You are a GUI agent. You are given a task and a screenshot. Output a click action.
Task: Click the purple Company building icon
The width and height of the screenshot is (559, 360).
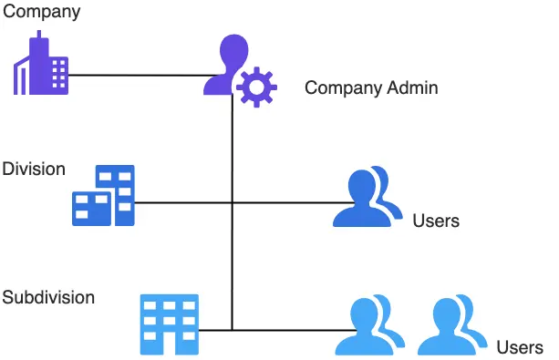[41, 66]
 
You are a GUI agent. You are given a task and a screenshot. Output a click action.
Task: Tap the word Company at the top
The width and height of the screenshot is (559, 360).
[41, 13]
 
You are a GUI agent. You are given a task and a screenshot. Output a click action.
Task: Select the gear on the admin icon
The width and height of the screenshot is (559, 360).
[256, 87]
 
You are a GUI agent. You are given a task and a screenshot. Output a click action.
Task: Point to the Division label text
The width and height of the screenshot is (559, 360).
[34, 170]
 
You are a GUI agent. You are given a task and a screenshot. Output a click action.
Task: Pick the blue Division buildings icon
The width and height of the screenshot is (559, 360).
[104, 196]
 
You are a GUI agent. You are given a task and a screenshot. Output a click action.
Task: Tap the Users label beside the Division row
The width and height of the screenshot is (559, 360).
[436, 221]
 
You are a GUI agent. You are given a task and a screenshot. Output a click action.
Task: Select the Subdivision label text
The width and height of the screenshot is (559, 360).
[48, 298]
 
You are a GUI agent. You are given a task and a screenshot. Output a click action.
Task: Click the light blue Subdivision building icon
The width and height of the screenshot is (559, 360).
[169, 324]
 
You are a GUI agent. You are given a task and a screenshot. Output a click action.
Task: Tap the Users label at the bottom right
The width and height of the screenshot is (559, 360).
[520, 347]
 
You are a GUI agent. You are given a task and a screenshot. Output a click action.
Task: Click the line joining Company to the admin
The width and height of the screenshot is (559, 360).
[137, 74]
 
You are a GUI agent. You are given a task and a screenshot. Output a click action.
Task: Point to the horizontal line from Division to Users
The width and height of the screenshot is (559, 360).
[274, 201]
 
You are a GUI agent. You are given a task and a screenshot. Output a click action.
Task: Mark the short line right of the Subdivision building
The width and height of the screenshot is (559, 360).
[215, 330]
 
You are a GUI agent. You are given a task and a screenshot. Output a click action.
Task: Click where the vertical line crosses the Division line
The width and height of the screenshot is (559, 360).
[232, 201]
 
